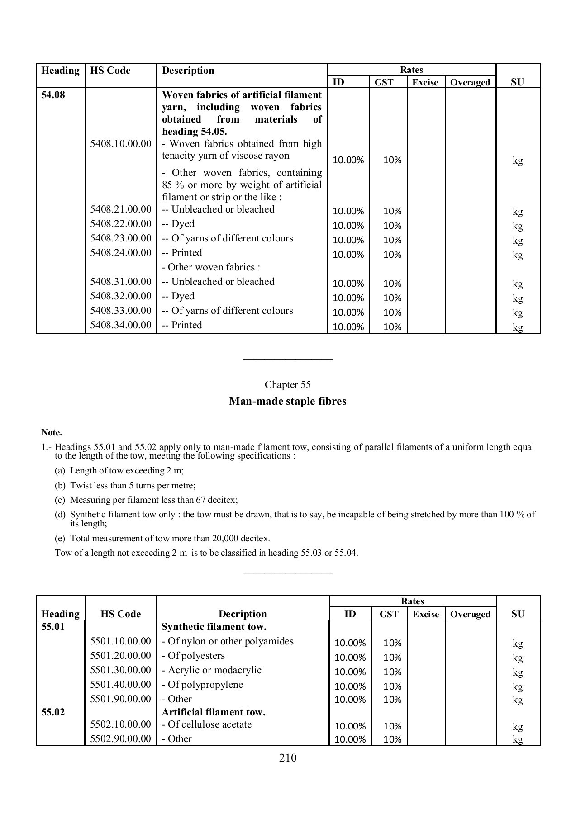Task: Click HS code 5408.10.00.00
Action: click(121, 144)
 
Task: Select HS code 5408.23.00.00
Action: click(121, 238)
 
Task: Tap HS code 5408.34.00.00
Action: click(121, 325)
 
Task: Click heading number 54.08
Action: click(53, 95)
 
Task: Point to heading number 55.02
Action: click(53, 712)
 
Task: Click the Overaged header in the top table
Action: click(470, 82)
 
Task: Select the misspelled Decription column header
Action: click(243, 614)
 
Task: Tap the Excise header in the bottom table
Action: click(425, 614)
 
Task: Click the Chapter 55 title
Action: click(288, 385)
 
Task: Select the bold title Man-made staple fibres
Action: click(288, 401)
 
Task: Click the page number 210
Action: click(288, 758)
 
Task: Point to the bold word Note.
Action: click(52, 432)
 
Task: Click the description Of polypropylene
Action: click(205, 685)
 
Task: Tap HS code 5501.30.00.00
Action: click(121, 670)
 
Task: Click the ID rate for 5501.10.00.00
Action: click(350, 643)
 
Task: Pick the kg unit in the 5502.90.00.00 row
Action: click(518, 739)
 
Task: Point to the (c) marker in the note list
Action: click(60, 500)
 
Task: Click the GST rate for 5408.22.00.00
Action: click(392, 226)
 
